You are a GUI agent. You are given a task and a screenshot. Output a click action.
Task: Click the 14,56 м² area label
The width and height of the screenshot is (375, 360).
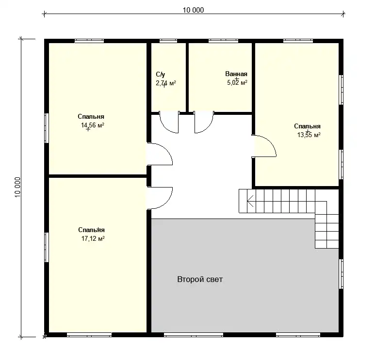click(93, 125)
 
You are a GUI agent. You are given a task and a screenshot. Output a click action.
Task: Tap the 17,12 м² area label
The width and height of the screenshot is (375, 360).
click(93, 238)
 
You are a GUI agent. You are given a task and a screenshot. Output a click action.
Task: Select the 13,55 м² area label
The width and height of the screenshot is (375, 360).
click(309, 135)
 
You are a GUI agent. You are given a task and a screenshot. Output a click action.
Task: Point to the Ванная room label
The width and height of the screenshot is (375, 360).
click(236, 74)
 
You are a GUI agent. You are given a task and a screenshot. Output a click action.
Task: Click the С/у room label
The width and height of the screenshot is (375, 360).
click(161, 75)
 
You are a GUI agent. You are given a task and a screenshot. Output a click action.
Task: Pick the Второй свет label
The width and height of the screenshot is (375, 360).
click(200, 279)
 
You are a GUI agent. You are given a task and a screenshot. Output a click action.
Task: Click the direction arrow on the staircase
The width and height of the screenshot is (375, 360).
click(250, 201)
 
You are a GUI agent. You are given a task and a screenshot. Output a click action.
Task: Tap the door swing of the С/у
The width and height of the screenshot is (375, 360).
click(169, 122)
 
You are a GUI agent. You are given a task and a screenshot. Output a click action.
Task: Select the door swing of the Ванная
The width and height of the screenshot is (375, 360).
click(204, 122)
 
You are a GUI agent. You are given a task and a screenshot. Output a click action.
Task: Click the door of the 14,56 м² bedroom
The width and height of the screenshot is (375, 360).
click(160, 154)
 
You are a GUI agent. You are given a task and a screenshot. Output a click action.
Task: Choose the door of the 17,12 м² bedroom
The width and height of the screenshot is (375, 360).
click(160, 198)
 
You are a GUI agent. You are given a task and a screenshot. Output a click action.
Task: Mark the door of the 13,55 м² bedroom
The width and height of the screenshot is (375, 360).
click(264, 146)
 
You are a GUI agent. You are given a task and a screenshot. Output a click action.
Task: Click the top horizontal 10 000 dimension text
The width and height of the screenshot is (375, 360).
click(194, 10)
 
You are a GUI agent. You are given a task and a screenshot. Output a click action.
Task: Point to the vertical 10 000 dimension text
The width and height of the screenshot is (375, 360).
click(17, 187)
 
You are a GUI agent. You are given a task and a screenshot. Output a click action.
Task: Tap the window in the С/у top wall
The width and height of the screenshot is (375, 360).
click(168, 41)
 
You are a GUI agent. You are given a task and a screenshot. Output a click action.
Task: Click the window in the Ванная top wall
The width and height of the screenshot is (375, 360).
click(223, 41)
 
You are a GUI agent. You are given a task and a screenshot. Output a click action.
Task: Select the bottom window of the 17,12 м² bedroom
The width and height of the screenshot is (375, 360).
click(89, 335)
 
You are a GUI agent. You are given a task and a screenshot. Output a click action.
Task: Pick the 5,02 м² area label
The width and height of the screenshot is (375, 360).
click(237, 83)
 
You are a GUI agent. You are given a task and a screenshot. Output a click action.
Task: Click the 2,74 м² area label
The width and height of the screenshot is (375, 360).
click(166, 83)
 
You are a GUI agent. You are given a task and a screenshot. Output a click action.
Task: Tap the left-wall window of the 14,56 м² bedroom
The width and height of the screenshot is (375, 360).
click(47, 128)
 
